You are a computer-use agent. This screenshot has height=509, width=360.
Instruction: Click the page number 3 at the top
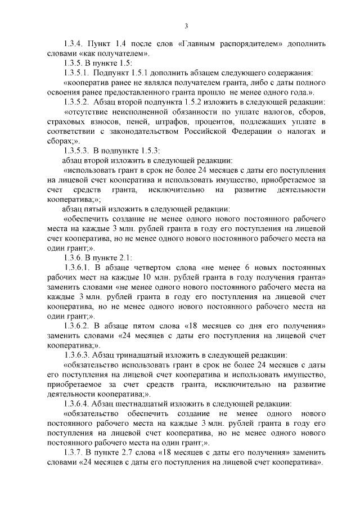[x=186, y=25]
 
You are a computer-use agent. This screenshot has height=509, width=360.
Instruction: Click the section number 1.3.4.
[x=74, y=43]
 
